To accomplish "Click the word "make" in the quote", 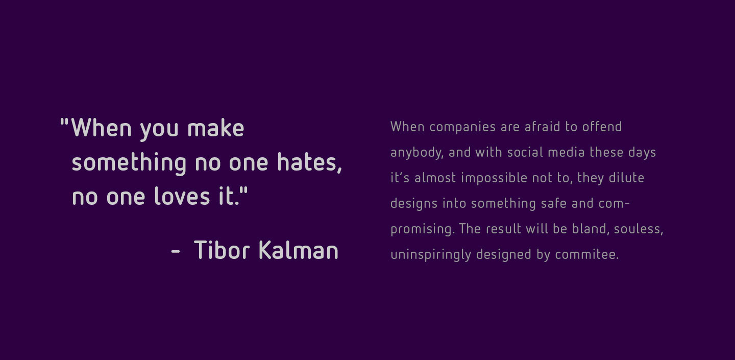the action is [215, 128].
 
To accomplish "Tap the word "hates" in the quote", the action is [307, 162].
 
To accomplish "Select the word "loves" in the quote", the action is [182, 196].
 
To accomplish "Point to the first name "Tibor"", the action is [222, 250].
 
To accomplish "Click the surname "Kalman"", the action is [299, 250].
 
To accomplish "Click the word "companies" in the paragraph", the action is [462, 127].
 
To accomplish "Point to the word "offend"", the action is [602, 127].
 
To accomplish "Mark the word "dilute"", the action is [626, 178].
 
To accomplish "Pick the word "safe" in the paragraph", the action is [554, 203].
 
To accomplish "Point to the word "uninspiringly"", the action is [431, 255].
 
